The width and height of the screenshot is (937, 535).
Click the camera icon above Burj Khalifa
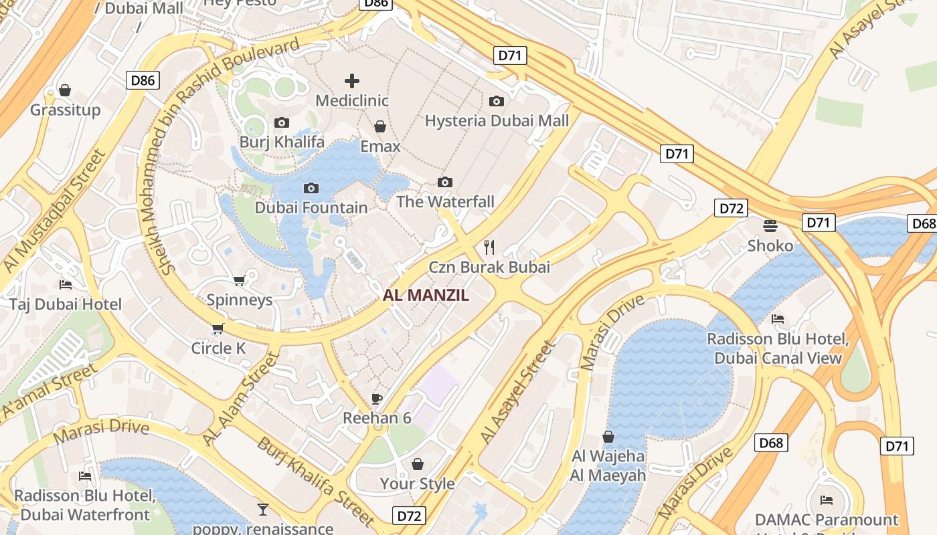[282, 122]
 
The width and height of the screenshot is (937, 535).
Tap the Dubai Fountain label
[311, 207]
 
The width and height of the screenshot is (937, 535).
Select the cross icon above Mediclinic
[352, 82]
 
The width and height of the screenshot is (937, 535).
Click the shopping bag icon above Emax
[380, 126]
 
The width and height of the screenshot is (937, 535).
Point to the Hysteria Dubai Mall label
[497, 120]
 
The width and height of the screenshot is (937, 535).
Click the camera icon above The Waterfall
[445, 182]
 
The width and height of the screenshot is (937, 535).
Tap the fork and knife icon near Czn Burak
[489, 247]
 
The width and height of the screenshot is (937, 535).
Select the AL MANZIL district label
[426, 295]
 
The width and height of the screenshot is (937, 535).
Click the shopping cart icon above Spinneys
[239, 280]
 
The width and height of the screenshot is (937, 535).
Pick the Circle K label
[218, 348]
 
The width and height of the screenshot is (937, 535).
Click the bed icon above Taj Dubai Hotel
[66, 285]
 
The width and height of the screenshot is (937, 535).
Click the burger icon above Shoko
[770, 225]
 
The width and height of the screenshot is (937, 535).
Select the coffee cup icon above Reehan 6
[377, 399]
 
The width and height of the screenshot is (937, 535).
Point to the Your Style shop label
[417, 483]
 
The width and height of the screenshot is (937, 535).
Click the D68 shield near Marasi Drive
[771, 442]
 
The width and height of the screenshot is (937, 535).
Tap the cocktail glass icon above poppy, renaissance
[263, 510]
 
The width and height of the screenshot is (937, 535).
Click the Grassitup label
[65, 110]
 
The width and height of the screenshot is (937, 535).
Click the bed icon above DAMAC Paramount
[827, 500]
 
